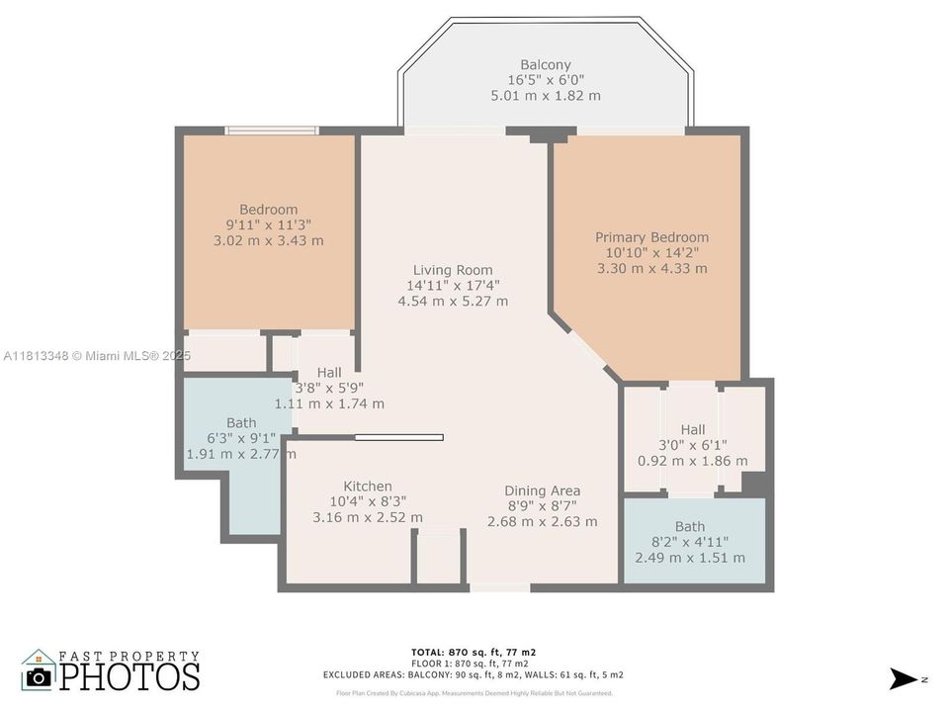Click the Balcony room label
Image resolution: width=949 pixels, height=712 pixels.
point(546,64)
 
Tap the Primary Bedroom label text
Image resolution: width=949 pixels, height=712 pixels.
point(651,237)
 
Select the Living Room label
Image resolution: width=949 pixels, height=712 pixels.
point(453,270)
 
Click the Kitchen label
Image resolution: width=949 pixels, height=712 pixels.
point(368,487)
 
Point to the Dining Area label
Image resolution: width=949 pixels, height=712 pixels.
point(542,490)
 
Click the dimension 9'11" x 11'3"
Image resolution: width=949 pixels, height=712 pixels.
point(269,224)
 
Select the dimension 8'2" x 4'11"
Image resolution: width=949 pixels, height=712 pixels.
point(690,542)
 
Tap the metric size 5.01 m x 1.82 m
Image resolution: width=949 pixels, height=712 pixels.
point(546,96)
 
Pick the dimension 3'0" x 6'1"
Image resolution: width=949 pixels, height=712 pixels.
point(692,445)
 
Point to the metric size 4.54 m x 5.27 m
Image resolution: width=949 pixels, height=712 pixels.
point(453,301)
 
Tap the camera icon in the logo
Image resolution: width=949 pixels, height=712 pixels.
point(39,676)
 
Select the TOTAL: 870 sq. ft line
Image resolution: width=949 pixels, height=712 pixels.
point(474,652)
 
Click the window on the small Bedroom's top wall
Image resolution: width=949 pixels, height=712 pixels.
point(271,130)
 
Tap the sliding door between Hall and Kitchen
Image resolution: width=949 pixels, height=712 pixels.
point(398,437)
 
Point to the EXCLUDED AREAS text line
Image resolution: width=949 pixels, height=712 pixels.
point(474,674)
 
